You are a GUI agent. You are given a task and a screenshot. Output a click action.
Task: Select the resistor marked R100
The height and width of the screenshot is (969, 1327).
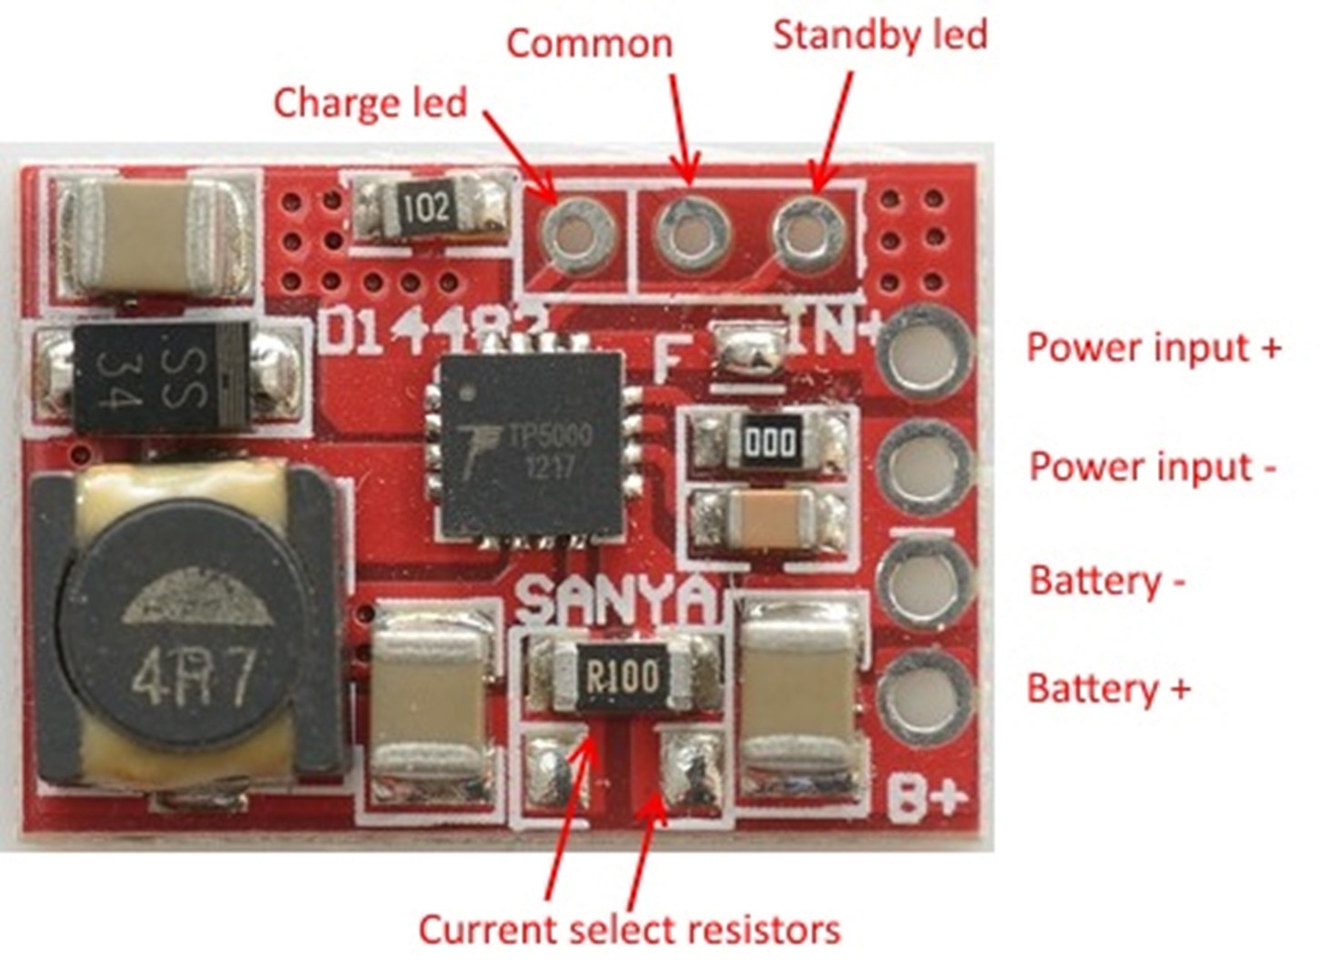pyautogui.click(x=624, y=675)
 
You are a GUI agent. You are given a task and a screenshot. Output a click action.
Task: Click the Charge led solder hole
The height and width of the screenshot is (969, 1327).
pyautogui.click(x=579, y=234)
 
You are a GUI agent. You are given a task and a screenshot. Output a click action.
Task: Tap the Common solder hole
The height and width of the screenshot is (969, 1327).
pyautogui.click(x=693, y=232)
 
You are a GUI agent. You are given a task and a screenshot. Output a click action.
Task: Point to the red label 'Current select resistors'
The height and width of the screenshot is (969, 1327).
pyautogui.click(x=629, y=930)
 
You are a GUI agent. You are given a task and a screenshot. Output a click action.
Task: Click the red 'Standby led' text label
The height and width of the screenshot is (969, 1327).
pyautogui.click(x=880, y=36)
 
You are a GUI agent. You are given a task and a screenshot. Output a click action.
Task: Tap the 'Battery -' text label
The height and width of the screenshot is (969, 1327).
pyautogui.click(x=1106, y=581)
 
